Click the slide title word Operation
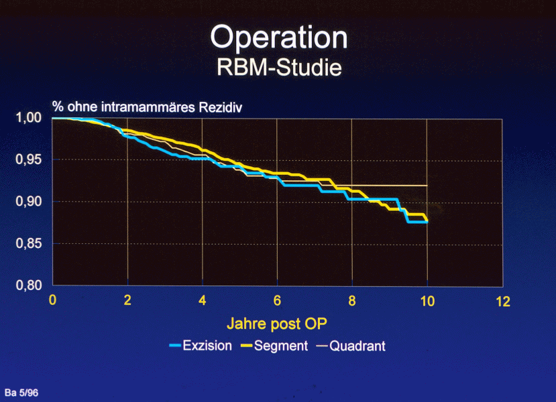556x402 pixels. (278, 38)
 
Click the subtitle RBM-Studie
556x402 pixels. (279, 68)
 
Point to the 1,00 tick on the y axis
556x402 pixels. (29, 119)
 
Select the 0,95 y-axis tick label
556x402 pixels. (29, 160)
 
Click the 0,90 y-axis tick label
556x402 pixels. (29, 202)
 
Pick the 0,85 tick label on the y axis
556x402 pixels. (29, 245)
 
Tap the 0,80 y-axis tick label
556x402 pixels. (29, 286)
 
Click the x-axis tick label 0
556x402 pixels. (53, 300)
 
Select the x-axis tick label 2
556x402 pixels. (127, 300)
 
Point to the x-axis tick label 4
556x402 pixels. (203, 300)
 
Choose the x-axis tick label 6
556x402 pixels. (277, 300)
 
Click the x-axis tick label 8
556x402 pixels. (352, 300)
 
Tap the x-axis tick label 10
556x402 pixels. (427, 300)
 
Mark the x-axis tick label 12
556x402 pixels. (502, 300)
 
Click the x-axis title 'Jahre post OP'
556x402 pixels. (278, 324)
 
